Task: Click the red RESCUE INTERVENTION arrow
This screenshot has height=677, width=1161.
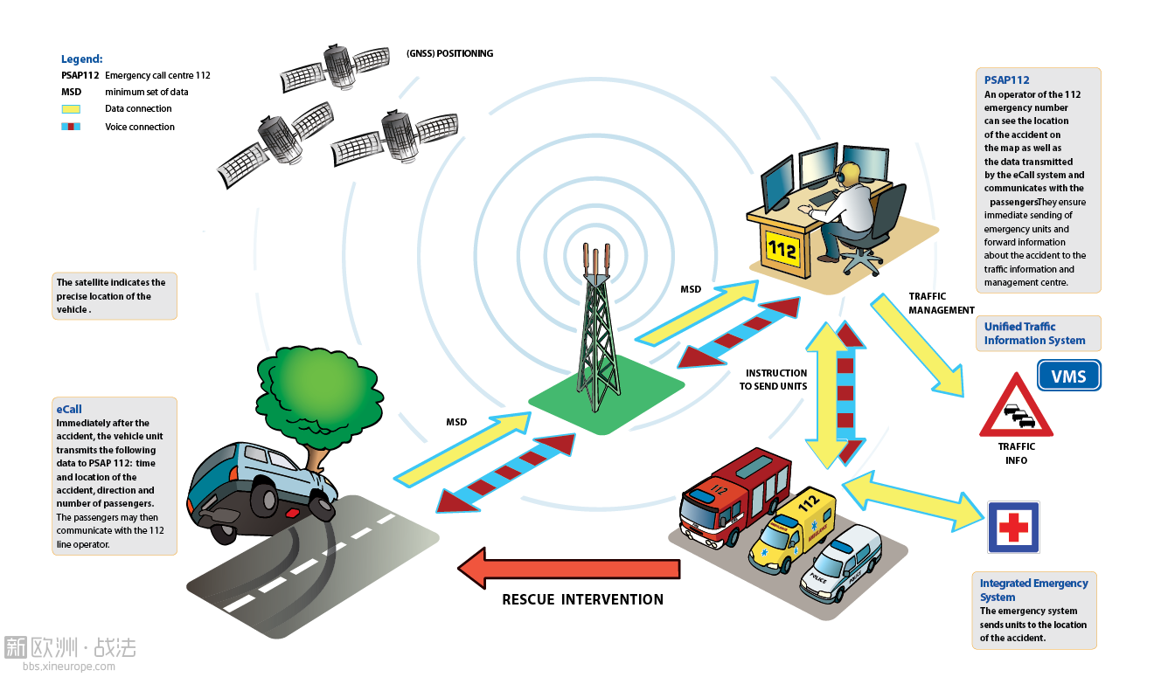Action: click(568, 568)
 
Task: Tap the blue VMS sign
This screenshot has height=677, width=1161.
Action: click(1068, 376)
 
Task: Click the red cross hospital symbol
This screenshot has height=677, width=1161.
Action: click(1013, 527)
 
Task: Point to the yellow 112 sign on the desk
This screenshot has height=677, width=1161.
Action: click(782, 250)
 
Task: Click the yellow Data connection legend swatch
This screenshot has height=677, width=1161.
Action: click(71, 109)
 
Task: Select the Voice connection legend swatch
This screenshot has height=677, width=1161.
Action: click(71, 127)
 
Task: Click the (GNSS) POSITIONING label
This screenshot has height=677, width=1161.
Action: click(450, 53)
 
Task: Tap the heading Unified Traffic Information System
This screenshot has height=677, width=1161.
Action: click(1034, 333)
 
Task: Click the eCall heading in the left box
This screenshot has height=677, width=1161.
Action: click(69, 409)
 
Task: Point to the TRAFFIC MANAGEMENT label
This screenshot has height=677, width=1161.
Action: click(942, 303)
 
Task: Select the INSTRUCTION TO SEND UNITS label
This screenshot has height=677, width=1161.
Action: click(773, 379)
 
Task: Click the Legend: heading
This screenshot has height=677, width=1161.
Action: click(82, 59)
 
